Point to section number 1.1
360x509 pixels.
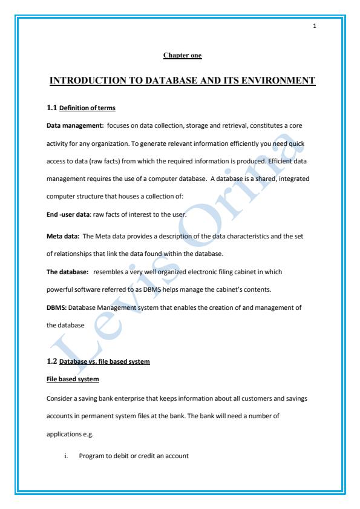51,108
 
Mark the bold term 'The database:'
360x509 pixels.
68,272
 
